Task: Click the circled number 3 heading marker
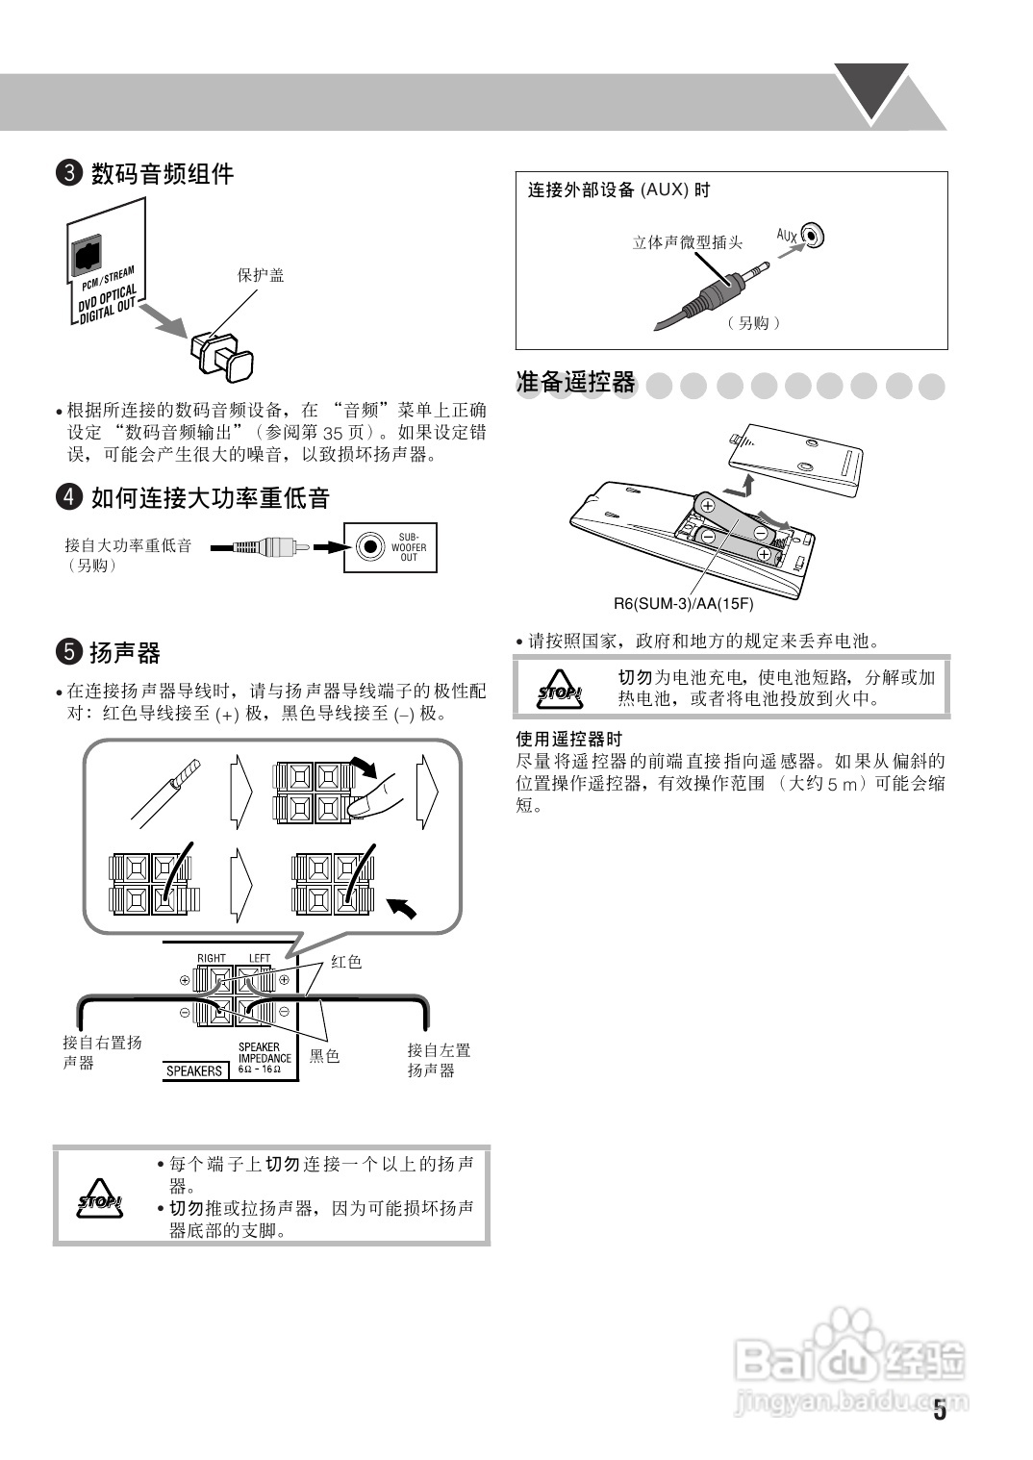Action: pyautogui.click(x=69, y=174)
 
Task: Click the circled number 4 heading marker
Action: pyautogui.click(x=69, y=498)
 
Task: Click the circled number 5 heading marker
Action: pyautogui.click(x=69, y=653)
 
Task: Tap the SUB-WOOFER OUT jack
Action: pyautogui.click(x=367, y=546)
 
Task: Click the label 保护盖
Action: pyautogui.click(x=261, y=276)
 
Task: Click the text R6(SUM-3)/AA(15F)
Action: pyautogui.click(x=683, y=604)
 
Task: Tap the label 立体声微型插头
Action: pyautogui.click(x=687, y=242)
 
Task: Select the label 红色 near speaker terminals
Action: pyautogui.click(x=346, y=962)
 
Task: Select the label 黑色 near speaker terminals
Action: pyautogui.click(x=325, y=1056)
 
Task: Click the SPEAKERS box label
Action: pyautogui.click(x=194, y=1070)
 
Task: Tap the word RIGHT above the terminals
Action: pyautogui.click(x=212, y=958)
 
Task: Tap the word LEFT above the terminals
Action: pyautogui.click(x=260, y=958)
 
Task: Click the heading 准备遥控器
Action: pyautogui.click(x=576, y=383)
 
